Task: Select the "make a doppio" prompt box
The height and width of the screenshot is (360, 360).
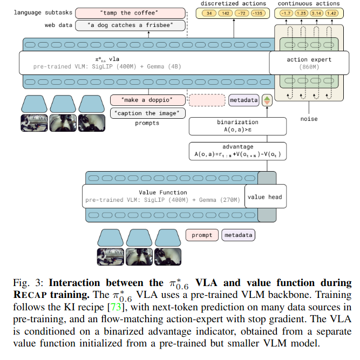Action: (147, 100)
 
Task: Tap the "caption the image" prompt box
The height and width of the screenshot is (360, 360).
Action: (147, 113)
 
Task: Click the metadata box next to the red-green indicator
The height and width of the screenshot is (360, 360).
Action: (243, 100)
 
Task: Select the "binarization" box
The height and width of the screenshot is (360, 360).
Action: (238, 126)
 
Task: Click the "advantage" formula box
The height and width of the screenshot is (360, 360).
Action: (238, 151)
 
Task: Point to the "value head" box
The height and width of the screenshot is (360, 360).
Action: (264, 197)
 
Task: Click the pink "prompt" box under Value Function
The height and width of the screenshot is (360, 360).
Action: (202, 235)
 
